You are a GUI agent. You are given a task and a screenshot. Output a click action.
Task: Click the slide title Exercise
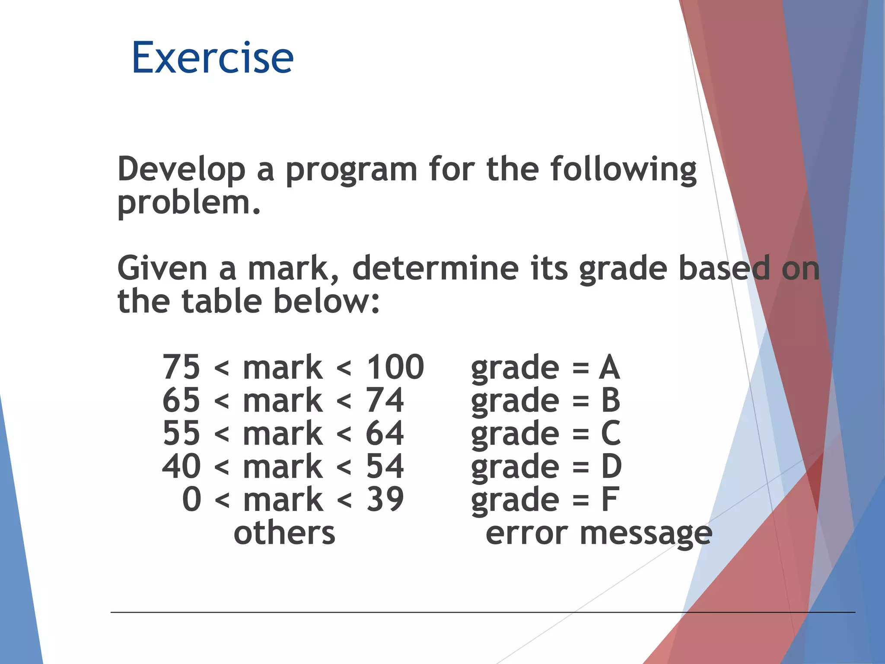(212, 57)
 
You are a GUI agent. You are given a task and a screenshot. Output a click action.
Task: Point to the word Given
(162, 268)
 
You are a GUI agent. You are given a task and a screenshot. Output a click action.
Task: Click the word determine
(435, 268)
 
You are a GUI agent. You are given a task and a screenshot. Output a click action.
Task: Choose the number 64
(385, 434)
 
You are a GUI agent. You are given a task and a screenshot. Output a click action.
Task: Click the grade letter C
(610, 434)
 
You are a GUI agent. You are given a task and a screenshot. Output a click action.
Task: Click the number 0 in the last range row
(191, 500)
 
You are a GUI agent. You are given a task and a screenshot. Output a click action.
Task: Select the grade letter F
(609, 500)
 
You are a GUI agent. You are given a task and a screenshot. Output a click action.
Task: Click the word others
(284, 533)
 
